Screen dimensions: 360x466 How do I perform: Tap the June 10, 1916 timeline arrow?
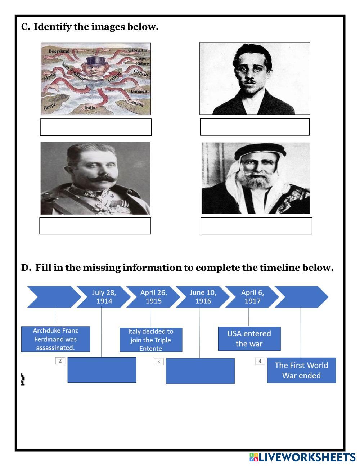tap(203, 297)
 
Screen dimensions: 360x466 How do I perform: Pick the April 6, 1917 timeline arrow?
tap(252, 297)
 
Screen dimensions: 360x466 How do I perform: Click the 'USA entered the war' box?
tap(249, 339)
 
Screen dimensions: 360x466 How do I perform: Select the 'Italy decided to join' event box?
tap(151, 340)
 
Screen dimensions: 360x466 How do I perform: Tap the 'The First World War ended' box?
tap(301, 370)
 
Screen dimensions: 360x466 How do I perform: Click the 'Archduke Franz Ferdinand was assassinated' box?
tap(55, 339)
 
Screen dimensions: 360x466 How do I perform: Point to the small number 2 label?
tap(60, 360)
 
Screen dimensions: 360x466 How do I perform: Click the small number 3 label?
tap(158, 361)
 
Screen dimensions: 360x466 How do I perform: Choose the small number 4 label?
tap(260, 361)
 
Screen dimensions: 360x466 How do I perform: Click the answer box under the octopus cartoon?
tap(96, 127)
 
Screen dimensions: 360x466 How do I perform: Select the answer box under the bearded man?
tap(256, 226)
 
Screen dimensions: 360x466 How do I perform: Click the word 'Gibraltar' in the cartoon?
tap(138, 50)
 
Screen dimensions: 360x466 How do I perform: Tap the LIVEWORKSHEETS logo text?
tap(307, 457)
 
